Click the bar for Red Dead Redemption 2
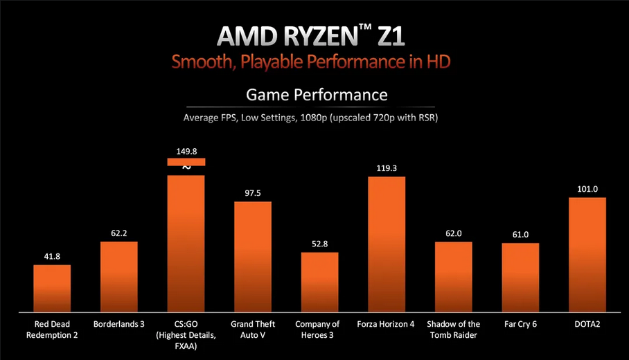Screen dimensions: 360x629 [x=52, y=287]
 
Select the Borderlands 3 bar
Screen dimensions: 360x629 [x=119, y=276]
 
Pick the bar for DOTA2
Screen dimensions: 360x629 [x=587, y=253]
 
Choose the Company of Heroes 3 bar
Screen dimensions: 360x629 [x=319, y=280]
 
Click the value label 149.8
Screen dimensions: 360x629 [x=186, y=150]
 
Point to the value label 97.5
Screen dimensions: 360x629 [x=252, y=193]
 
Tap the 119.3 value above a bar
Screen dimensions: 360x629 [x=387, y=168]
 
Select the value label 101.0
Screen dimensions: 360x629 [x=587, y=189]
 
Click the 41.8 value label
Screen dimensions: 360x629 [x=52, y=257]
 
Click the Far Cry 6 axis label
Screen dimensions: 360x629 [x=520, y=324]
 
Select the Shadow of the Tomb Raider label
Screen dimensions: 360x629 [x=453, y=330]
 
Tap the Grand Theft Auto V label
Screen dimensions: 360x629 [x=252, y=330]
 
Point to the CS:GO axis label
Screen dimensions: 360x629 [x=186, y=324]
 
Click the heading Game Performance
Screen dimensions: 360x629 [x=317, y=94]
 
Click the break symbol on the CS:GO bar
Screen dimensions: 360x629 [x=186, y=168]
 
